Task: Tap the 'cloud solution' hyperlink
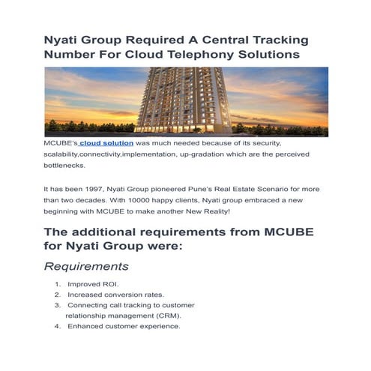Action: pyautogui.click(x=106, y=142)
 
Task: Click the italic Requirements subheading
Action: pyautogui.click(x=86, y=266)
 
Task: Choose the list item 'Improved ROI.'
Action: pyautogui.click(x=93, y=285)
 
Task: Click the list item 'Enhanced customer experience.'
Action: pyautogui.click(x=124, y=326)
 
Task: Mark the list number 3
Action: pyautogui.click(x=58, y=305)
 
